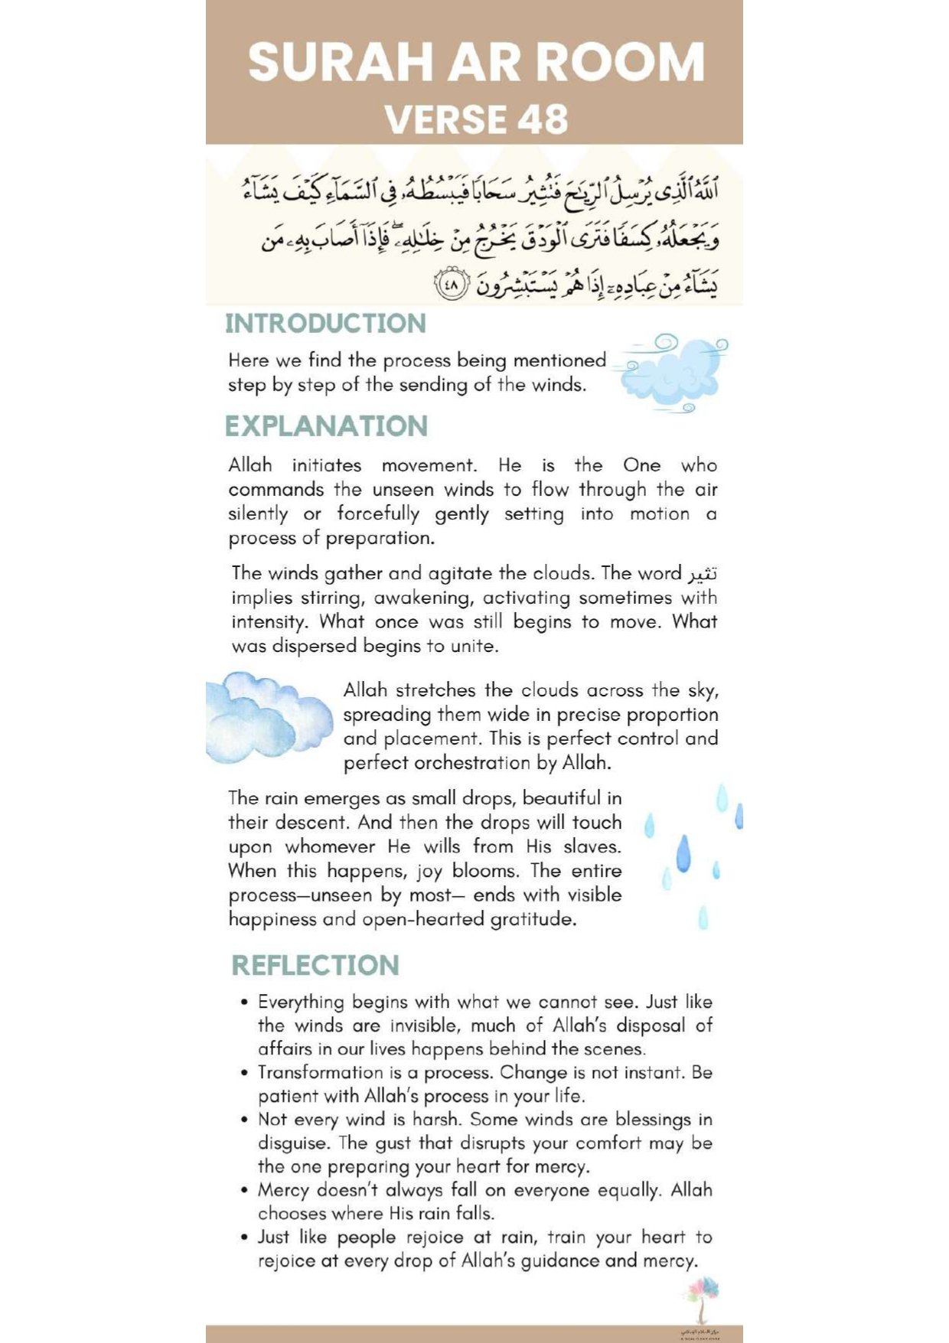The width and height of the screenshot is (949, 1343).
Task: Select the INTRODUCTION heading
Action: pos(325,323)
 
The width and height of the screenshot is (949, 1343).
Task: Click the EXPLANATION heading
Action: pos(326,426)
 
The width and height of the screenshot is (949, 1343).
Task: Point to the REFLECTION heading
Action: pos(315,966)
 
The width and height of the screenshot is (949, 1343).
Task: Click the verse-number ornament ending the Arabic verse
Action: pos(451,285)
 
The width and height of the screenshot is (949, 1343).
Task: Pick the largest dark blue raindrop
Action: pos(683,852)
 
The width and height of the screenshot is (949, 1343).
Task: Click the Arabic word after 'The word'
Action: pos(703,574)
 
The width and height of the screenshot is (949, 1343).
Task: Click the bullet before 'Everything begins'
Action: pos(244,1002)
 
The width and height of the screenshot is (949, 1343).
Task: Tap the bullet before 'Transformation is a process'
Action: pos(244,1073)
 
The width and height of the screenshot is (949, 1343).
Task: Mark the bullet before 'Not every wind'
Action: pos(244,1120)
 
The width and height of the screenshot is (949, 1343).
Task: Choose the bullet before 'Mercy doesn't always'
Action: pos(244,1191)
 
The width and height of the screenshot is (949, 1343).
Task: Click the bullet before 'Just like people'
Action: pos(244,1237)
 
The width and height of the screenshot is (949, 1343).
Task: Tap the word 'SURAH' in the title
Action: pos(341,62)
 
